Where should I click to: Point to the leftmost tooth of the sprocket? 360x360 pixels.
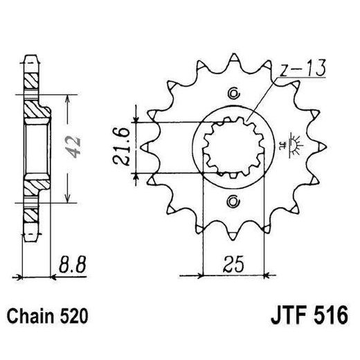pos(145,147)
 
